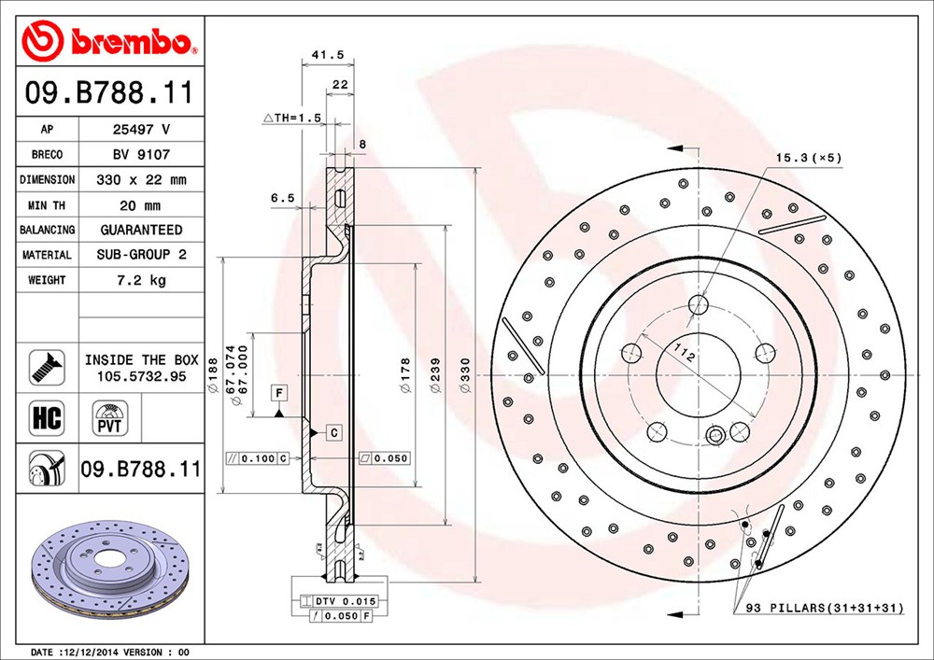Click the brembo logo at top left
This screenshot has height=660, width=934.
point(110,40)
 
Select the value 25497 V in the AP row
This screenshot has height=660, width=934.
point(141,130)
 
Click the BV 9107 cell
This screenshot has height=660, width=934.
point(141,155)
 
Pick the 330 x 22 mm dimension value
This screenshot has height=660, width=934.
point(141,179)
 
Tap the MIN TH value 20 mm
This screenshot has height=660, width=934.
point(141,204)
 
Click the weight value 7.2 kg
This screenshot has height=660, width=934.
point(141,280)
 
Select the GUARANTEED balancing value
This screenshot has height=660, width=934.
point(141,230)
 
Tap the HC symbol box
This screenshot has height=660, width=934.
point(47,417)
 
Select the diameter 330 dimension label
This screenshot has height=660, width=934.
point(464,374)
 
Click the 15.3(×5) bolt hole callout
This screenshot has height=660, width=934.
point(808,158)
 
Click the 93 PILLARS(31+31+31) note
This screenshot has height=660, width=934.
point(825,608)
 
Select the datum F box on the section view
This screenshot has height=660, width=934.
point(278,393)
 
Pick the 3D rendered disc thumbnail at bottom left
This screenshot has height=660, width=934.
point(110,575)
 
